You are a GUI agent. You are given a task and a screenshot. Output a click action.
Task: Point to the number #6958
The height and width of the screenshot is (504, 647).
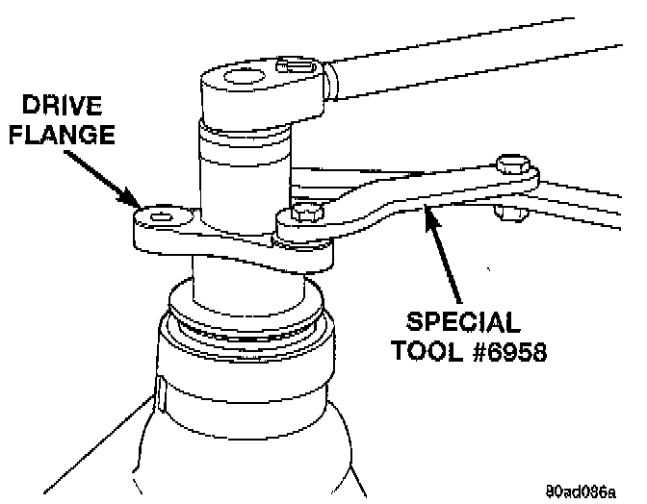pos(506,351)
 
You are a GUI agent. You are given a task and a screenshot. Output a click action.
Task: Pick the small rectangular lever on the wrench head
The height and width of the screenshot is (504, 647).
pos(294,65)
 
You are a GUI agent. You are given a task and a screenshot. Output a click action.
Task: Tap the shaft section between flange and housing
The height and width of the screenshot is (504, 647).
pos(246,279)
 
